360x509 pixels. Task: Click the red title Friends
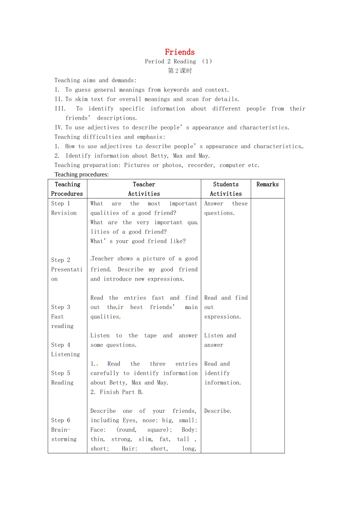point(180,52)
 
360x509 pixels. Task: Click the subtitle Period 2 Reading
point(171,61)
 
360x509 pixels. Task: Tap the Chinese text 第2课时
point(180,71)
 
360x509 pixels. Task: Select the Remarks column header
point(268,184)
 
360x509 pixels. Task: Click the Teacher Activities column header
point(144,189)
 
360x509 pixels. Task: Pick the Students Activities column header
point(226,189)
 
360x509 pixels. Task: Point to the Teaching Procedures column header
point(67,189)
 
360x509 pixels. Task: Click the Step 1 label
point(61,203)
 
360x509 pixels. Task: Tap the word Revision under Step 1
point(64,213)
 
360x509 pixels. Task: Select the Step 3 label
point(61,307)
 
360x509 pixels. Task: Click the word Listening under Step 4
point(66,354)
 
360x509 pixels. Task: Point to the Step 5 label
point(61,373)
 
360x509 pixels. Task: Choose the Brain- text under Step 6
point(61,430)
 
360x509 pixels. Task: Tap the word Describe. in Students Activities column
point(218,411)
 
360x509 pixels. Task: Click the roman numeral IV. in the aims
point(59,128)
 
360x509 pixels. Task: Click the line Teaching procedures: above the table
point(81,175)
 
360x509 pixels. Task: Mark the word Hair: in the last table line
point(130,449)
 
